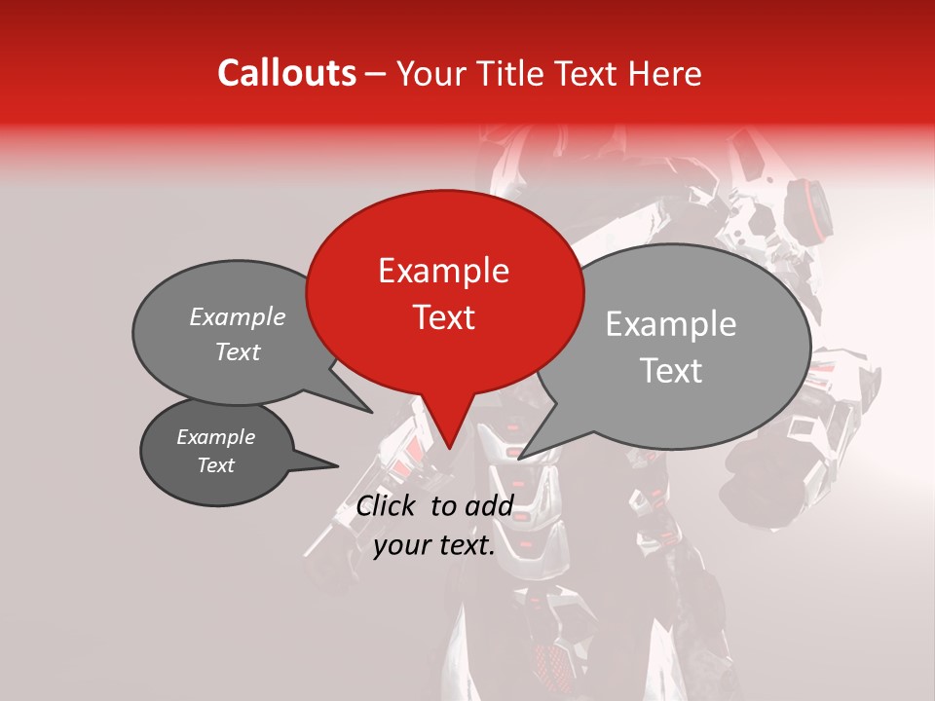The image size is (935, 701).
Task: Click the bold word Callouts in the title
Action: point(286,73)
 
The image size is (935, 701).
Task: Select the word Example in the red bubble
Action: point(443,271)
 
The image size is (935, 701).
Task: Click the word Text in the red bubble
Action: point(443,317)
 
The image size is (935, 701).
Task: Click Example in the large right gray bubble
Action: point(671,324)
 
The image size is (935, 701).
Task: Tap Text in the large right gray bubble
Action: point(671,371)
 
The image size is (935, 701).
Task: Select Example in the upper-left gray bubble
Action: point(237,317)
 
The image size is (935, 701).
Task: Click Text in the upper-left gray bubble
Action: point(237,352)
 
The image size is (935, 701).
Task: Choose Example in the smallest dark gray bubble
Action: point(215,437)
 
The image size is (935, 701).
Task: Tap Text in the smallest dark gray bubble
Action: point(215,465)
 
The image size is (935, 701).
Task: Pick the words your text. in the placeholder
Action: point(434,545)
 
